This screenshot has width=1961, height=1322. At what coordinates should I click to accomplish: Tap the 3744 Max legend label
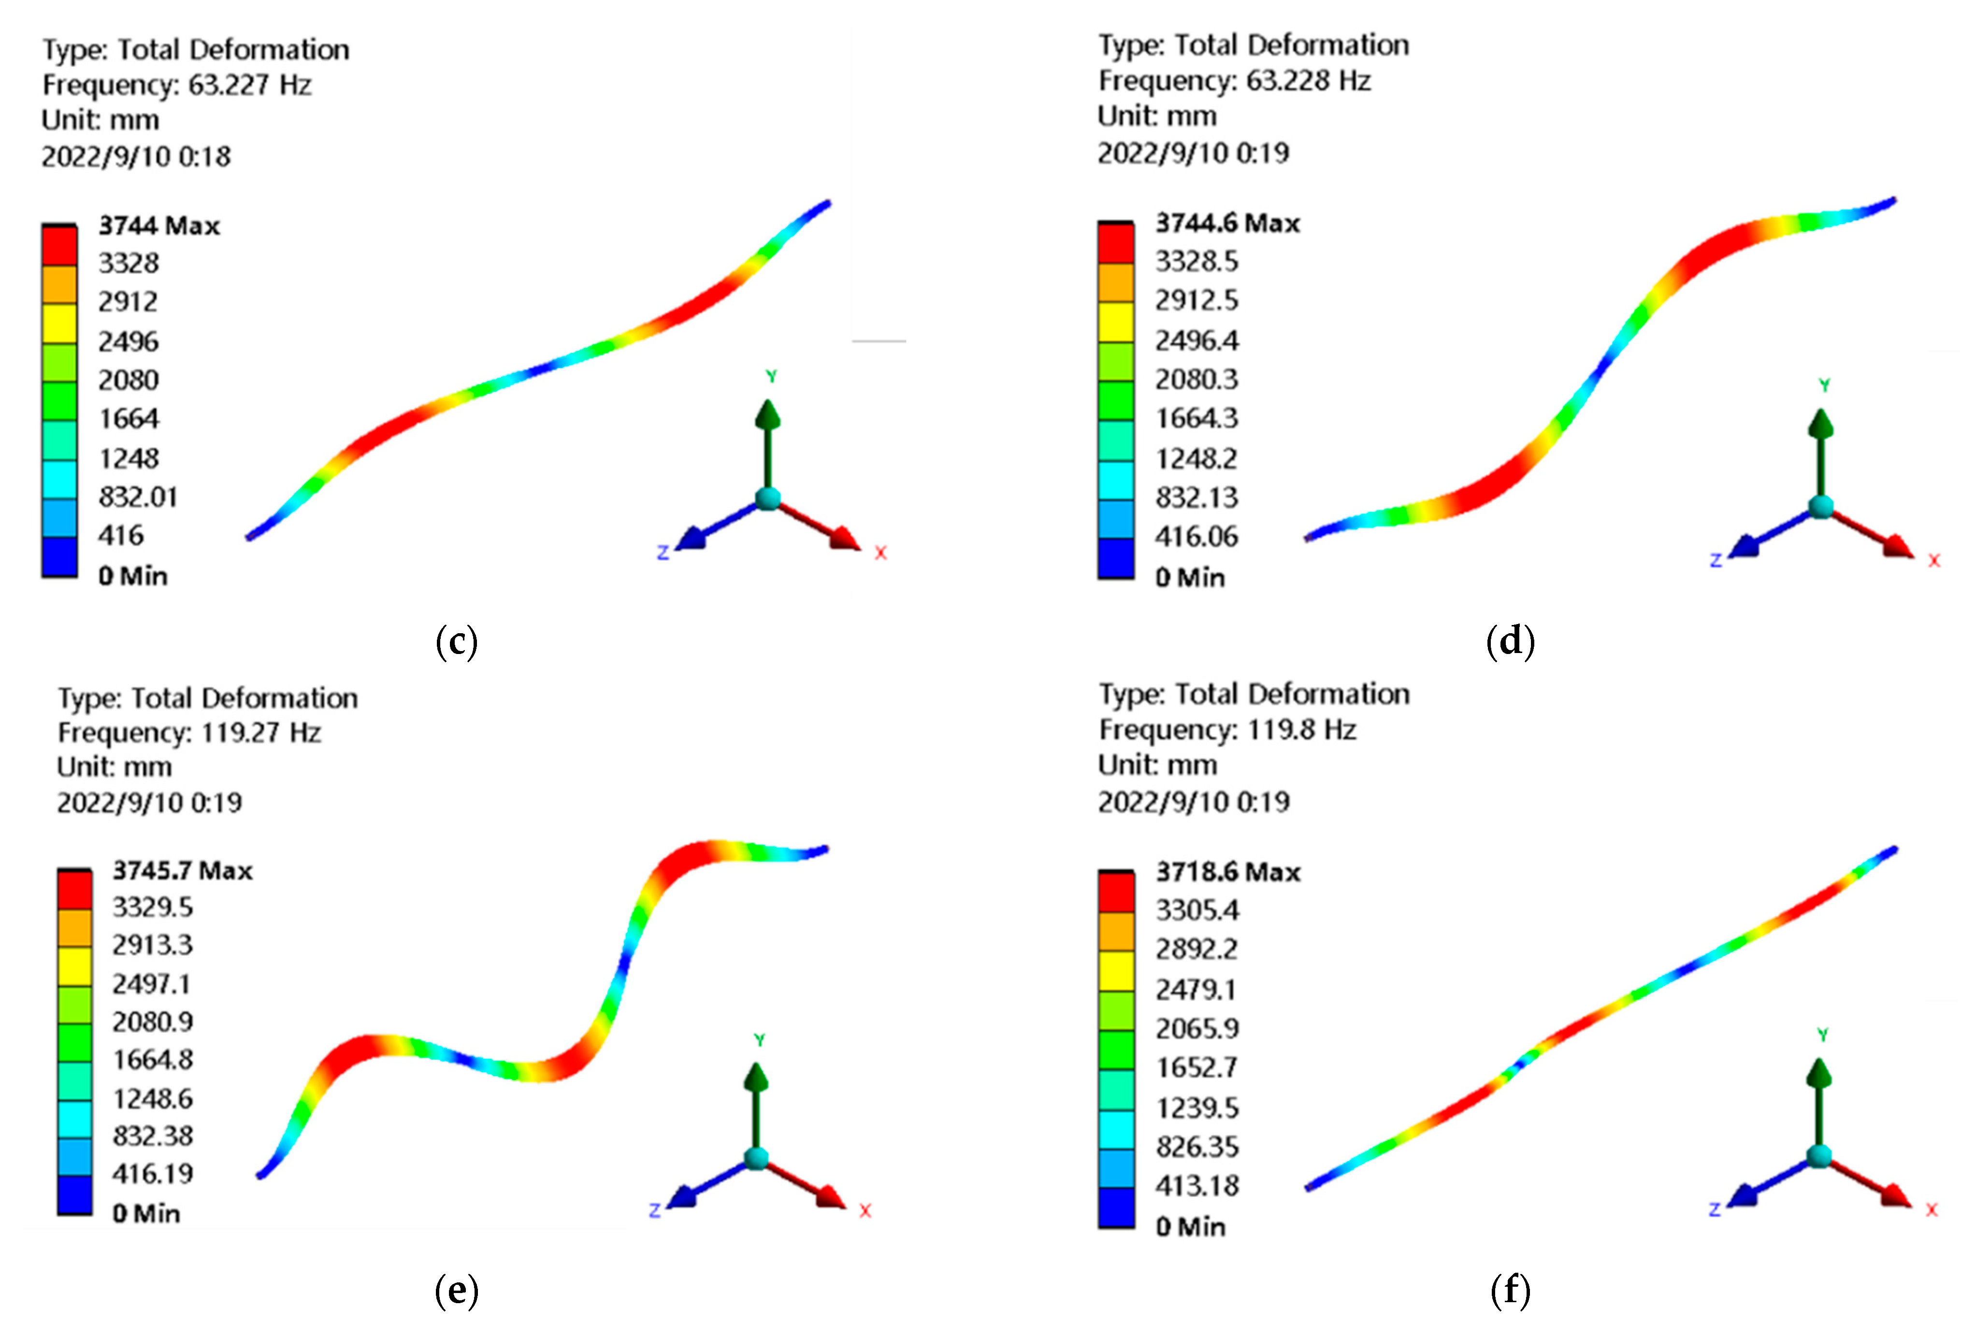pos(159,226)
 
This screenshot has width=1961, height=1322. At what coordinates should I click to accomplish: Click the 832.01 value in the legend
pos(137,497)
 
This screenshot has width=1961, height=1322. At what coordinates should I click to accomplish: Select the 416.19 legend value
pos(153,1174)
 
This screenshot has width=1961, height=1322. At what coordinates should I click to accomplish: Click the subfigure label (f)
pos(1510,1290)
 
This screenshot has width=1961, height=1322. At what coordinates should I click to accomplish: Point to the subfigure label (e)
pos(456,1290)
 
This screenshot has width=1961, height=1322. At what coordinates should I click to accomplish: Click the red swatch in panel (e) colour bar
pos(74,890)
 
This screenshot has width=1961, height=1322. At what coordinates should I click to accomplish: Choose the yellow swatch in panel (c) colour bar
pos(59,324)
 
